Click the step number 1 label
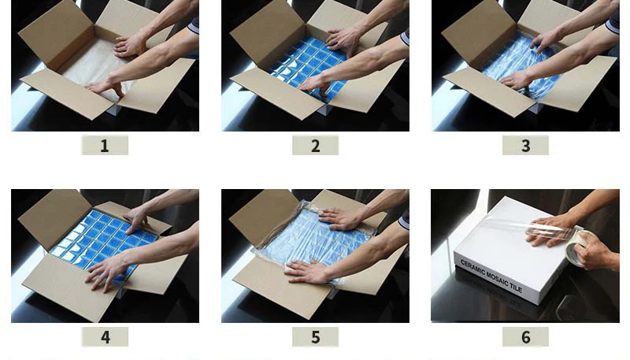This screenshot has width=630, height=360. click(x=105, y=146)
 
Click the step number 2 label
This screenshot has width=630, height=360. click(x=316, y=146)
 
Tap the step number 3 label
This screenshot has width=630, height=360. click(x=525, y=146)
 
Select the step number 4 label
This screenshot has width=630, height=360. click(x=105, y=336)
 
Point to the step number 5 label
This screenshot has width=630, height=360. click(x=316, y=336)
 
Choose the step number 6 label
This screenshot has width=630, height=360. click(x=525, y=336)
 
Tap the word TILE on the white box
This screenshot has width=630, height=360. click(x=515, y=287)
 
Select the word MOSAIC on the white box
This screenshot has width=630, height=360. click(x=497, y=278)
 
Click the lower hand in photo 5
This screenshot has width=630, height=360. click(x=307, y=271)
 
